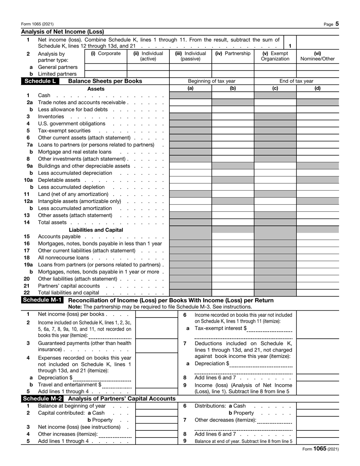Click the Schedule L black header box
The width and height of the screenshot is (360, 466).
[40, 81]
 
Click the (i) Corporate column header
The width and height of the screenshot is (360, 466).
[105, 53]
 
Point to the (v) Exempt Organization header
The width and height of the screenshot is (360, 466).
[275, 56]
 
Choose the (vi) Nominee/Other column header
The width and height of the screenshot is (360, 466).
[318, 56]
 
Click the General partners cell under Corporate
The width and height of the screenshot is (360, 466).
[105, 67]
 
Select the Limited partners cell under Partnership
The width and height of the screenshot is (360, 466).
[233, 74]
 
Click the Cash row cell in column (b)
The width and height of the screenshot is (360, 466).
[233, 95]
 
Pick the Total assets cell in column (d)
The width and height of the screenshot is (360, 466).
[318, 222]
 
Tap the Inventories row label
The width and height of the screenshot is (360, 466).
[51, 116]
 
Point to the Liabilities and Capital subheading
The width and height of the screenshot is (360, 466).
[96, 230]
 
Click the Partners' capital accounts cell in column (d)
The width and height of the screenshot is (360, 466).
[318, 286]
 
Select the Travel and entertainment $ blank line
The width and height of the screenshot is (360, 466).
[117, 385]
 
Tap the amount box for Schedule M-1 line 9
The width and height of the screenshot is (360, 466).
[318, 388]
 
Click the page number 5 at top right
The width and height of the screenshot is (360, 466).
[337, 24]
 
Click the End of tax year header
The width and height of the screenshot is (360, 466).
[296, 81]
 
